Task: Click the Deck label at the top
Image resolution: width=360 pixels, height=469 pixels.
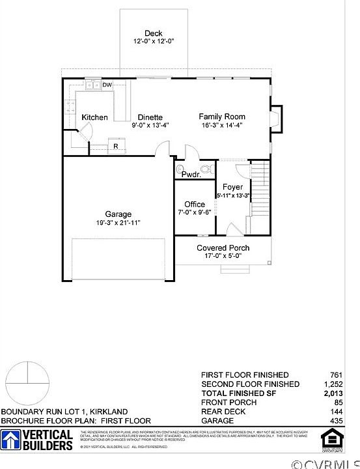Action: coord(154,33)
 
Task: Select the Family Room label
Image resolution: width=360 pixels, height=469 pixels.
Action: coord(222,117)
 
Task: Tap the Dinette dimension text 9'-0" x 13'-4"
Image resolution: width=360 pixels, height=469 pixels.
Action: coord(150,126)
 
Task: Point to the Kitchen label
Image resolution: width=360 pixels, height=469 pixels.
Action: coord(94,117)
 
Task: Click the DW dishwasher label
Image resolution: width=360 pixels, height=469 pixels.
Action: coord(107,85)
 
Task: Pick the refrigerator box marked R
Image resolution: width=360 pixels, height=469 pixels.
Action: coord(115,147)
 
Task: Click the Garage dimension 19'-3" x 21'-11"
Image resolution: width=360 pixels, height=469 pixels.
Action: coord(118,223)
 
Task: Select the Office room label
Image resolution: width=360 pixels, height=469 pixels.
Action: coord(194,205)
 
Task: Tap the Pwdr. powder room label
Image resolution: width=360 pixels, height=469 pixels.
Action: coord(190,175)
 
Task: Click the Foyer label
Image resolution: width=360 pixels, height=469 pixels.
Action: coord(232,187)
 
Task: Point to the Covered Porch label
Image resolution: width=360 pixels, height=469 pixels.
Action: coord(223,248)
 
